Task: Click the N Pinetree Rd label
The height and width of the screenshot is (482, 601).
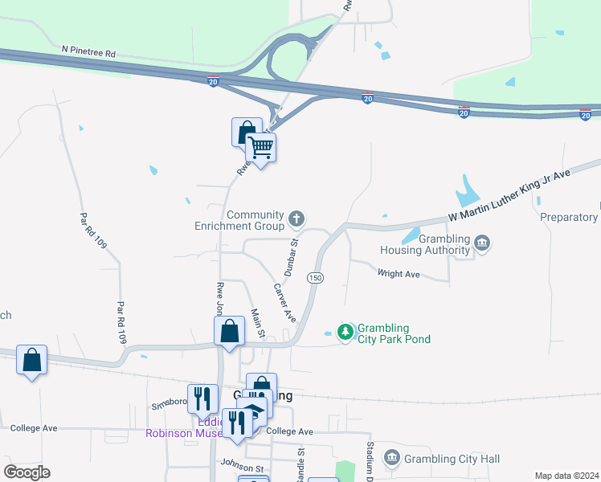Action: [88, 51]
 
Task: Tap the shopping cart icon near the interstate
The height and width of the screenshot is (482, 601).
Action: [260, 147]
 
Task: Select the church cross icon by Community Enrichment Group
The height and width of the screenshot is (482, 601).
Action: [297, 217]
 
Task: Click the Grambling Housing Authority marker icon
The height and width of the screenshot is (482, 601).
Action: [481, 243]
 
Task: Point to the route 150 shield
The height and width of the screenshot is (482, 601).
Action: [315, 277]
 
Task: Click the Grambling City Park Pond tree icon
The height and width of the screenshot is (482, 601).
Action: [345, 331]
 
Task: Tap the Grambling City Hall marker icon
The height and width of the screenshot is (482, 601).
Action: [391, 458]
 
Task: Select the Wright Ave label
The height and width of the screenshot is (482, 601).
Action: [399, 274]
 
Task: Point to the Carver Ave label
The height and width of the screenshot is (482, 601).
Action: [284, 303]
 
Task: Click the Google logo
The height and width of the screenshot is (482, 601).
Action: [27, 472]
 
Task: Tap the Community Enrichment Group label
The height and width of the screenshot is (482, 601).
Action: [239, 221]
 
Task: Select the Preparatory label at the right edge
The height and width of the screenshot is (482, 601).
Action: [569, 217]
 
